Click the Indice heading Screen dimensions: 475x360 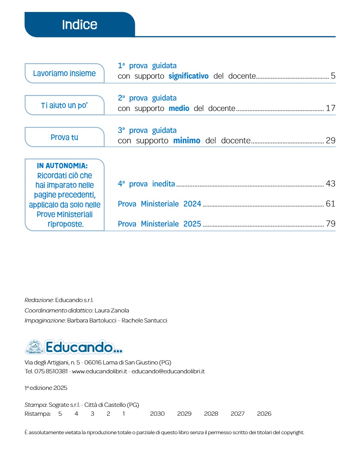pos(80,25)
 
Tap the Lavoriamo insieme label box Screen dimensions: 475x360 pos(64,73)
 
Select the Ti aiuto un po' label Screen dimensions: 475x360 pos(64,105)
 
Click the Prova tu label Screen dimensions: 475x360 pos(64,137)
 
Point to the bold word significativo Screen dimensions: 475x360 pos(188,76)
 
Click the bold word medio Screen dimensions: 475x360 pos(179,109)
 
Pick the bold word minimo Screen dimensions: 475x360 pos(186,141)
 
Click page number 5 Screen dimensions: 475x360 pos(333,76)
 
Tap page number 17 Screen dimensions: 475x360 pos(330,108)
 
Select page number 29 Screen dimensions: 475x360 pos(330,141)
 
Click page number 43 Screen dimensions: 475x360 pos(330,184)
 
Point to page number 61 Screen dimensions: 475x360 pos(330,204)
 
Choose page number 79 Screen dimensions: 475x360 pos(330,224)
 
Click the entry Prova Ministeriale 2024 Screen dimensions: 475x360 pos(159,204)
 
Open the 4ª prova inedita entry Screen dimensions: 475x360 pos(146,184)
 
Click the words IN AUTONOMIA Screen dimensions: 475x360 pos(62,166)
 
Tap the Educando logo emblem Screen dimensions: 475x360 pos(35,347)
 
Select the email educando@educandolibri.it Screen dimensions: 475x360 pos(168,371)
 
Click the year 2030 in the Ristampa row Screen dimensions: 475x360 pos(157,414)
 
